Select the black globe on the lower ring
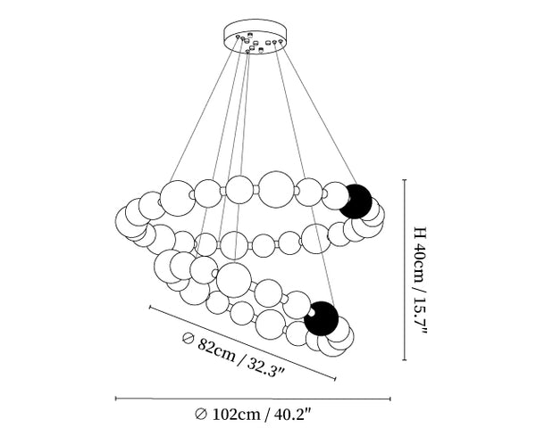[322, 318]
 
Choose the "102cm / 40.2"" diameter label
[253, 415]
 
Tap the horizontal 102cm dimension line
[253, 399]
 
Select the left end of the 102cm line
[116, 399]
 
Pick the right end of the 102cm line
[389, 399]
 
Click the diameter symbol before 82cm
[187, 338]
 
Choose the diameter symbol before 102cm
[200, 415]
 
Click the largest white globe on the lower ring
[233, 278]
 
